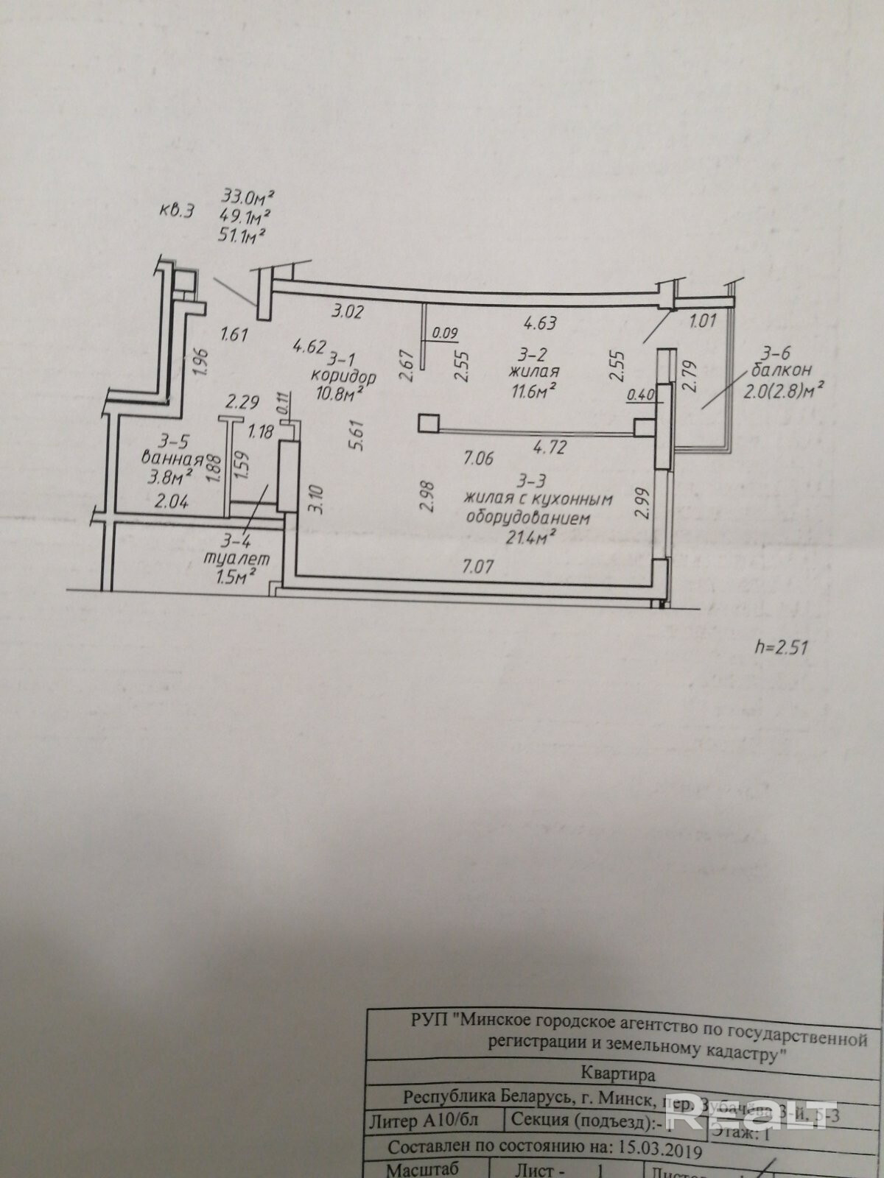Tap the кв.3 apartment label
177,211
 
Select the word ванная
172,458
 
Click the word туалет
236,559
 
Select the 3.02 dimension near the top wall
348,311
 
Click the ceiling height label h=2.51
782,648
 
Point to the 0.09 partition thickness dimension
445,334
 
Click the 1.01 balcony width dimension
703,320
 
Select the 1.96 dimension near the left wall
204,361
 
